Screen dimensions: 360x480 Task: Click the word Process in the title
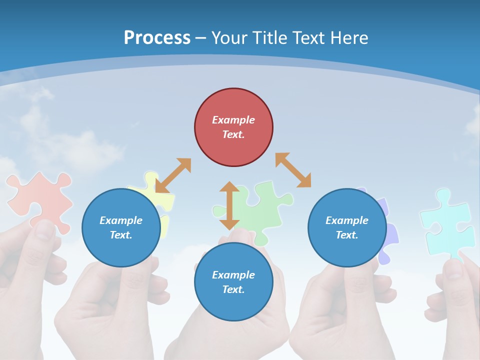click(157, 38)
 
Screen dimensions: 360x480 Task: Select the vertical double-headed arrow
click(229, 205)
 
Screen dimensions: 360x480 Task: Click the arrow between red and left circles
click(173, 175)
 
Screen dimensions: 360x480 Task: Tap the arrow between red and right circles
click(293, 170)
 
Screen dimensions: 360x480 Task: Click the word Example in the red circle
click(233, 120)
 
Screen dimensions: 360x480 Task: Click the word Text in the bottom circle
click(233, 289)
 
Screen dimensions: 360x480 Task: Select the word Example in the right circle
click(347, 220)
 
